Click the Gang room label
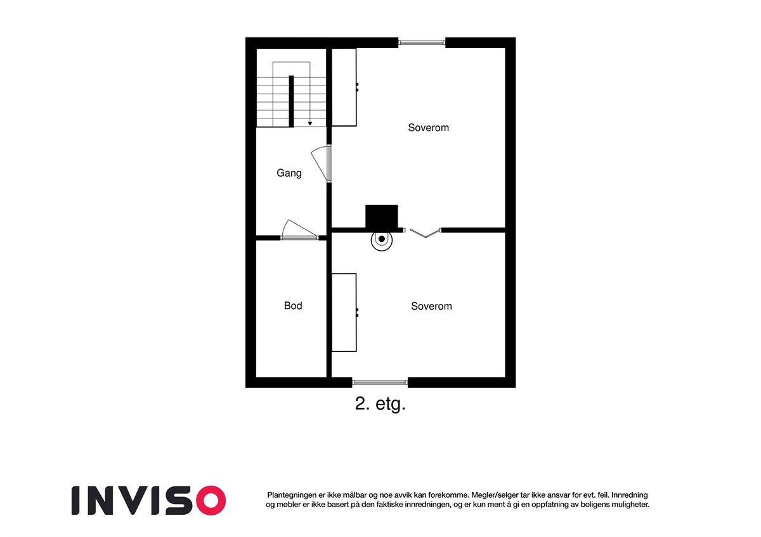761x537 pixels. point(289,173)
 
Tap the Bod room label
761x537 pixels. point(293,306)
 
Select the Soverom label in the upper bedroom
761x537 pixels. point(428,128)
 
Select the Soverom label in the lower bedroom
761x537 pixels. point(431,306)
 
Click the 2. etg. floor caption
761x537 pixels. point(380,405)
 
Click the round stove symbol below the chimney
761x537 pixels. point(381,239)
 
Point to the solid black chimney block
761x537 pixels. point(381,217)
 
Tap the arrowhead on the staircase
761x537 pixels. point(309,123)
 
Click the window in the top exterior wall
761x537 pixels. point(422,43)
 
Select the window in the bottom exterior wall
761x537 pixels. point(380,382)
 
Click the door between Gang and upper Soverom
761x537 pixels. point(323,164)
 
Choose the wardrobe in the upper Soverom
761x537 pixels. point(344,87)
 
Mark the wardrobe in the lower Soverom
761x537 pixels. point(344,312)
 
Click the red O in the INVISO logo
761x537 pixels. point(210,500)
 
